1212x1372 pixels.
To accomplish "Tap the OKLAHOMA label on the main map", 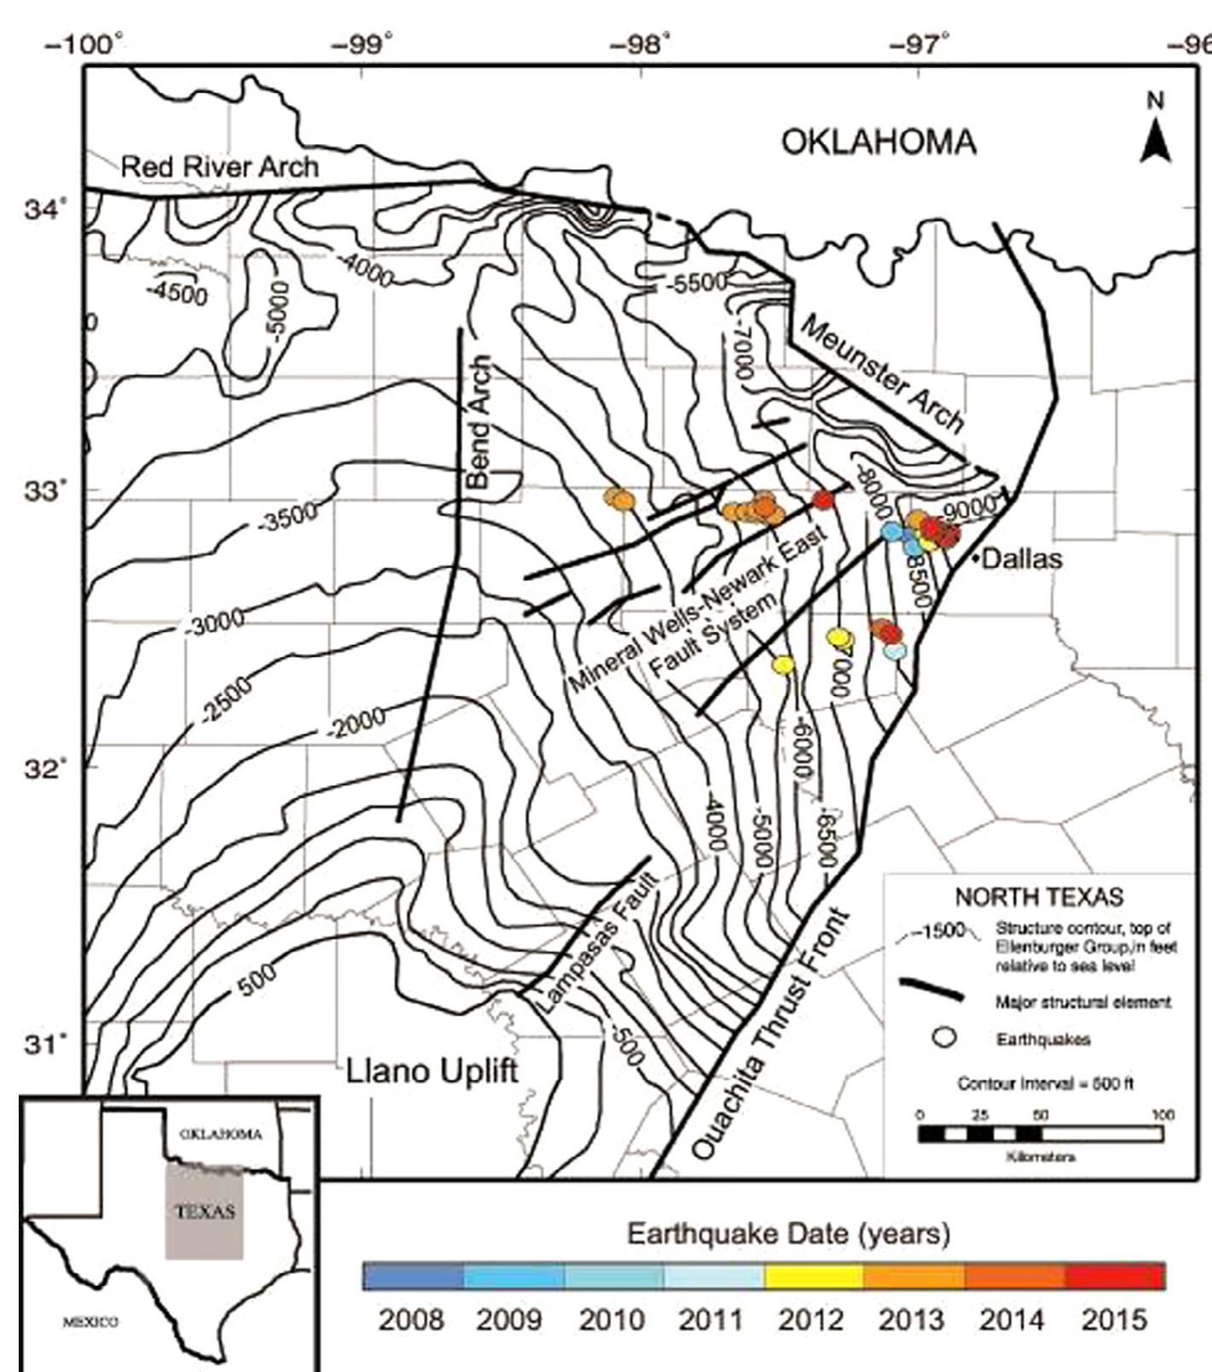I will [x=879, y=142].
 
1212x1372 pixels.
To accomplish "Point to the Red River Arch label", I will [x=219, y=166].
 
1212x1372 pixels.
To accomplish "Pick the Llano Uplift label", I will [x=432, y=1070].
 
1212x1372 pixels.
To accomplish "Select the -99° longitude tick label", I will [x=368, y=44].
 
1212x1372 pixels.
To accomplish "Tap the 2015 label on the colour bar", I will [x=1114, y=1320].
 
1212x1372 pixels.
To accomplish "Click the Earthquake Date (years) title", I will [x=788, y=1233].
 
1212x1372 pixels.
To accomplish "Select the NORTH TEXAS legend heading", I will [x=1038, y=897].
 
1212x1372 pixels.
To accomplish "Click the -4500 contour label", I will [x=177, y=292].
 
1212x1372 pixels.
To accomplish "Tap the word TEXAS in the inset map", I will [x=204, y=1212].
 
